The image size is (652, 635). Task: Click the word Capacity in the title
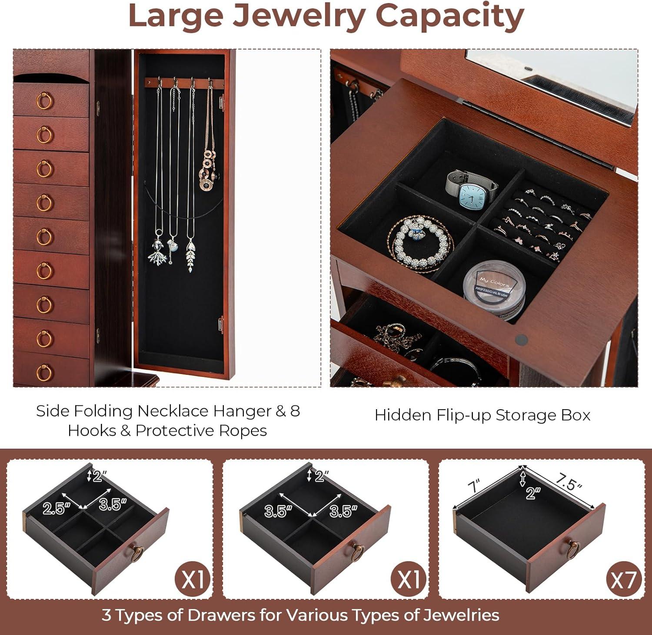click(449, 16)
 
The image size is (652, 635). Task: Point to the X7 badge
click(623, 579)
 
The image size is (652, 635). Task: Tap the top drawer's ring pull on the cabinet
click(44, 100)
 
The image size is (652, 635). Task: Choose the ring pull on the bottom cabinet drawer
click(44, 372)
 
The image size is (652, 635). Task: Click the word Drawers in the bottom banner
click(223, 615)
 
